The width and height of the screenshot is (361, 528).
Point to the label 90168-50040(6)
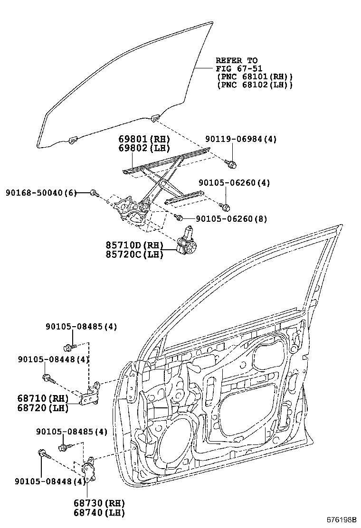coord(41,192)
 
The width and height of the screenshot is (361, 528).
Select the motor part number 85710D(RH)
coord(134,245)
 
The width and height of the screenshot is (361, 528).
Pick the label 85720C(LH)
coord(134,255)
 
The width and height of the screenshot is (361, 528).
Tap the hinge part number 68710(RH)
coord(42,398)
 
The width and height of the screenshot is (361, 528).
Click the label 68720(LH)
coord(42,407)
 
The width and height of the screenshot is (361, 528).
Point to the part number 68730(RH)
coord(99,503)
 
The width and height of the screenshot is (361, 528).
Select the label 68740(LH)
coord(99,512)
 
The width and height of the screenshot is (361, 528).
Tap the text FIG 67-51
coord(239,69)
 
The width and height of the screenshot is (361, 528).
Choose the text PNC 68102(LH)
coord(254,85)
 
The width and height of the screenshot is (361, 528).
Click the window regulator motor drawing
coord(186,242)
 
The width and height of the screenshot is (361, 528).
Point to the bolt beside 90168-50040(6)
coord(94,193)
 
